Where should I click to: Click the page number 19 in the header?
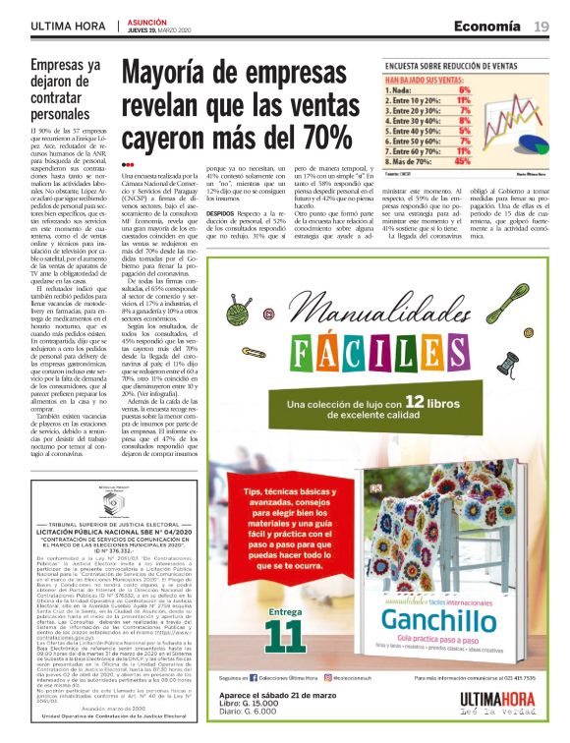541,26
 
